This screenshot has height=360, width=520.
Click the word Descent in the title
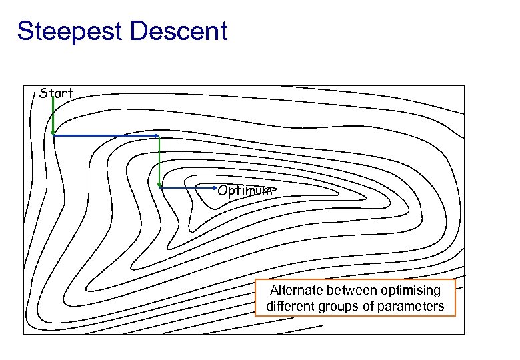[x=181, y=31]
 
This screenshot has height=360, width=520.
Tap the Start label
[x=56, y=93]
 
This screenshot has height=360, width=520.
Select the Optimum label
[x=244, y=190]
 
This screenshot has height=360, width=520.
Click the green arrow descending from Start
[x=53, y=117]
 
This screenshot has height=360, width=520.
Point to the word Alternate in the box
[x=296, y=291]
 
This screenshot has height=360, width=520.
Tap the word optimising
[x=411, y=291]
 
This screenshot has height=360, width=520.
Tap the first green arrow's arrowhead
[x=53, y=133]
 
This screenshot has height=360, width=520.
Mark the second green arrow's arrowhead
[x=159, y=185]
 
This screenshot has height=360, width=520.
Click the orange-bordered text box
[x=355, y=298]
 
